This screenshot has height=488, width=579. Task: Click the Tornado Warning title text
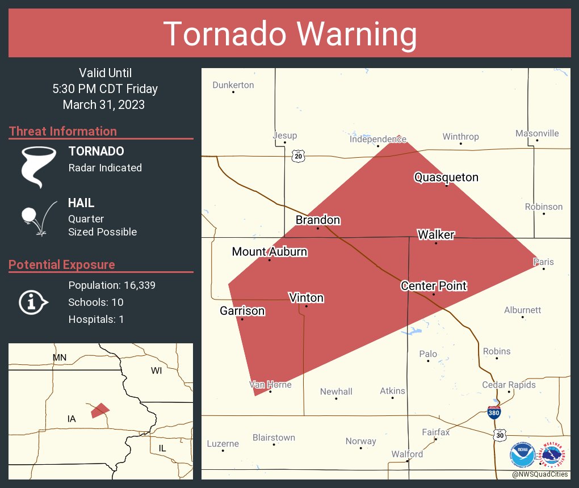click(x=290, y=34)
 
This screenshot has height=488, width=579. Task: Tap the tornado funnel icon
click(x=39, y=166)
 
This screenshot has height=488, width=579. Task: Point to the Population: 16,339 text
click(x=112, y=285)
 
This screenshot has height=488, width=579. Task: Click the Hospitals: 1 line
click(x=96, y=319)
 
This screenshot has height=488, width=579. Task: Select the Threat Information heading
click(x=63, y=131)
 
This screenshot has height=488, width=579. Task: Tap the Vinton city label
click(x=306, y=298)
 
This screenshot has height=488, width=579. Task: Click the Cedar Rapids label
click(x=509, y=385)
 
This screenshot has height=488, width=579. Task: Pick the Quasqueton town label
click(x=446, y=178)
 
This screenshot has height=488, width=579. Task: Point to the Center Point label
click(x=434, y=286)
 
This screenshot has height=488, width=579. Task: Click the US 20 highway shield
click(x=299, y=156)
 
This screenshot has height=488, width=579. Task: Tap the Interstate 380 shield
click(x=494, y=413)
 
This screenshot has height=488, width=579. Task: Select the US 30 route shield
click(x=499, y=435)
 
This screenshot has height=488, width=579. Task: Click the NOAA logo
click(x=523, y=455)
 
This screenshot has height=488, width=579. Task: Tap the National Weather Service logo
click(x=554, y=455)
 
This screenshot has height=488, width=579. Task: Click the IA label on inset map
click(x=72, y=419)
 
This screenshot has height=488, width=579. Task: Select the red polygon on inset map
click(x=100, y=410)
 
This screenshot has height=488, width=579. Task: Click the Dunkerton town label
click(x=233, y=85)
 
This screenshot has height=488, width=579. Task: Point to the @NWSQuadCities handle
click(x=539, y=474)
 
